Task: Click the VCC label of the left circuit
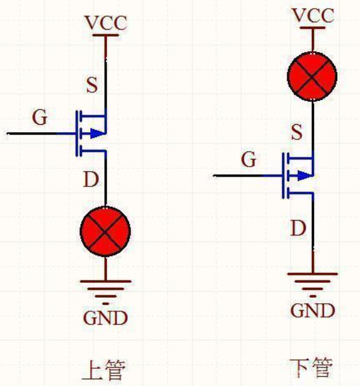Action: point(106,23)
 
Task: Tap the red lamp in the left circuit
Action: point(106,231)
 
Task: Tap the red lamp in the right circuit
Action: point(313,77)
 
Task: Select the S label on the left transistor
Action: point(92,85)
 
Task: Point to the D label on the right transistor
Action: point(298,229)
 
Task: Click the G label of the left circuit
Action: point(40,117)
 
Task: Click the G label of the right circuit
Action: point(249,160)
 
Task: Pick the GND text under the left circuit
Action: point(106,318)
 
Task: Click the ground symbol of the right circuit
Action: point(313,280)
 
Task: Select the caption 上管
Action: point(104,371)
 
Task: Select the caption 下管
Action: point(311,368)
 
